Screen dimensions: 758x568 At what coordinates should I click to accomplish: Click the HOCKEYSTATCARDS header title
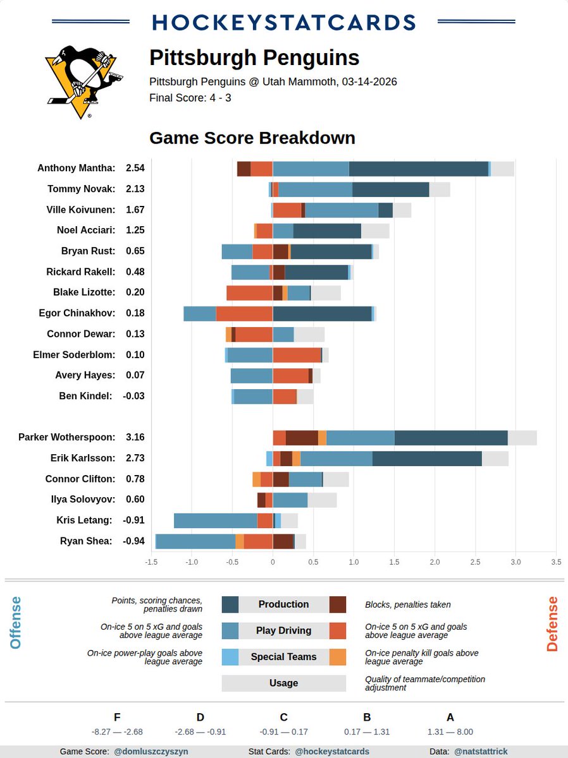(283, 22)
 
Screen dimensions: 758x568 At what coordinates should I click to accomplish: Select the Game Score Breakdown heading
(252, 138)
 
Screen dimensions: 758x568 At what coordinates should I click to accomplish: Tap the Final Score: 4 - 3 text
(190, 98)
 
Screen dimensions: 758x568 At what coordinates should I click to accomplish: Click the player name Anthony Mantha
(76, 168)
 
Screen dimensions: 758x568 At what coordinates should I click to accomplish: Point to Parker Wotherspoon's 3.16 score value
(135, 437)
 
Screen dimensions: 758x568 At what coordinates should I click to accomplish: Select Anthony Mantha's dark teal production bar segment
(418, 169)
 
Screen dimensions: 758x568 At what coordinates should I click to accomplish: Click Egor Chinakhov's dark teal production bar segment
(322, 313)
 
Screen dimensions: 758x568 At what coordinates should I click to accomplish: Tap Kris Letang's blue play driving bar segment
(215, 520)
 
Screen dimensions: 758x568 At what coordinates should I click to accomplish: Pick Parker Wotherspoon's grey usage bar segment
(522, 438)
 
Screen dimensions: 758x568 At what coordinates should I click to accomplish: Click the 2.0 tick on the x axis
(435, 562)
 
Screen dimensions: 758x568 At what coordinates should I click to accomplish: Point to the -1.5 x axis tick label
(151, 562)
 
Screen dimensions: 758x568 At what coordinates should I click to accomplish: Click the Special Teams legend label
(283, 657)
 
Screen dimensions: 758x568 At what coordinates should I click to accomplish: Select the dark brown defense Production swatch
(338, 605)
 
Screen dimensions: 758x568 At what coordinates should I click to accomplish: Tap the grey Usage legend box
(283, 683)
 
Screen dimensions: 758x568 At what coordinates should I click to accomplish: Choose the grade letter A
(450, 717)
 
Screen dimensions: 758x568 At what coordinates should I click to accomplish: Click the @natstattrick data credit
(480, 752)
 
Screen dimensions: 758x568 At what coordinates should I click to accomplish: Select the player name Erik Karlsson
(83, 458)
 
